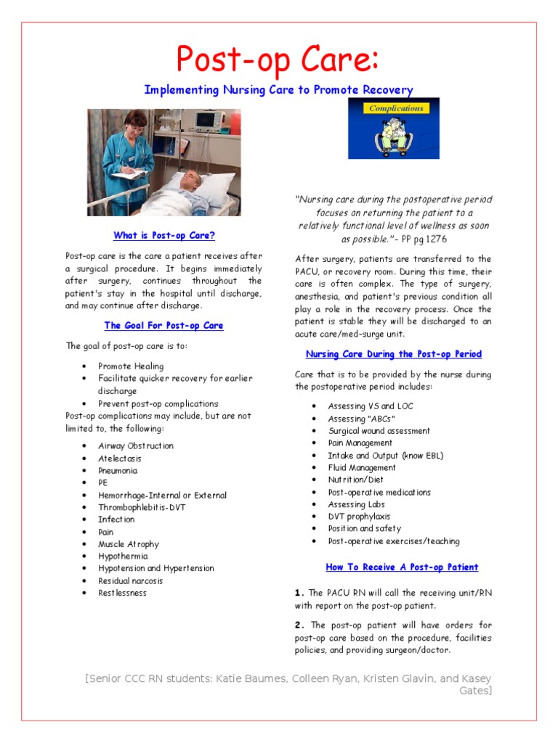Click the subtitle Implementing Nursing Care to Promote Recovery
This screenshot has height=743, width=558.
coord(278,90)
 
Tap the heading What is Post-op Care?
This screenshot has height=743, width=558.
coord(164,236)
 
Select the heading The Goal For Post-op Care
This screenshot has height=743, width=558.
coord(163,326)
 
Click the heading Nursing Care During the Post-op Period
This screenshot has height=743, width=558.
coord(393,354)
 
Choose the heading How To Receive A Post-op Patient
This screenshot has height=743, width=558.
coord(402,567)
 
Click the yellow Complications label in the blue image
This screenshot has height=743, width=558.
coord(396,109)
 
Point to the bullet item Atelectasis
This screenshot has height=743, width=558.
coord(120,459)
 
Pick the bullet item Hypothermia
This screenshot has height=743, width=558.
coord(123,557)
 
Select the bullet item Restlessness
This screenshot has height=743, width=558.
coord(122,593)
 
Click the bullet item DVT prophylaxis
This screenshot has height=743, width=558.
coord(359,517)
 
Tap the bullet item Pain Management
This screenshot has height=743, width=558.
coord(360,443)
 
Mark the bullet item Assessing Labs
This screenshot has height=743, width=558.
coord(356,504)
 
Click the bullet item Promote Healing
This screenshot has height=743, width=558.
coord(131,366)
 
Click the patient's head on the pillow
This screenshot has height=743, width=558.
coord(191,178)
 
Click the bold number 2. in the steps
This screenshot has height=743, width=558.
coord(300,625)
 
